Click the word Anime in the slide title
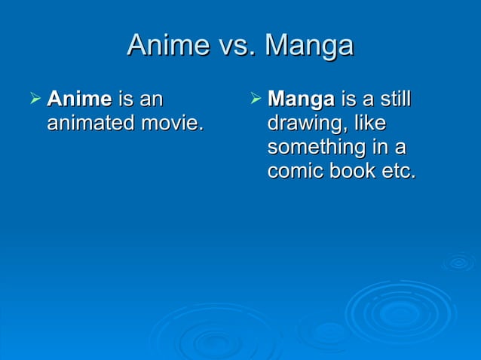[x=165, y=45]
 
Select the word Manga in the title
[x=309, y=45]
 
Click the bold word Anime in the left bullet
[x=79, y=99]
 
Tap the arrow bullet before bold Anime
[x=33, y=99]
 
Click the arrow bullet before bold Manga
[x=254, y=99]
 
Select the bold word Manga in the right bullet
[x=302, y=99]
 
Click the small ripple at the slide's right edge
[x=458, y=262]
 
